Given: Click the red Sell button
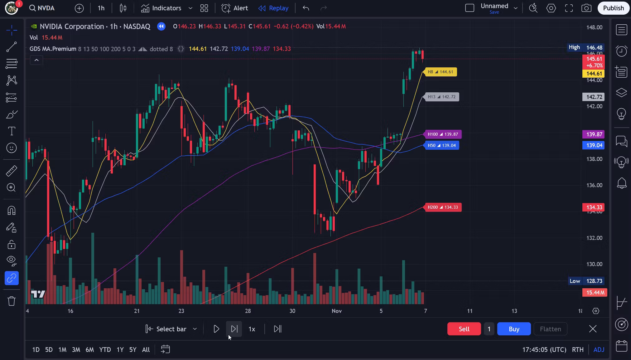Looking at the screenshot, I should pos(464,329).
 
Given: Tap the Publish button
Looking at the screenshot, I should pos(613,8).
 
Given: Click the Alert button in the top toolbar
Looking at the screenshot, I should pos(235,8).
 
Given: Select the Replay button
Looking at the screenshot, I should pos(273,8).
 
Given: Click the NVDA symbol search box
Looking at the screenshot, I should pos(42,8).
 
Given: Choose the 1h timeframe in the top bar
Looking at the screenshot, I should pos(101,8).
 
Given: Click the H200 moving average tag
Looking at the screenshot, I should pos(443,207).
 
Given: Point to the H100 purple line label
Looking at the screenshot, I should pos(443,134).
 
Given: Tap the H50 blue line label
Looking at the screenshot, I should pos(442,145).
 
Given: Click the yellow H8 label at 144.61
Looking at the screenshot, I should pos(441,72).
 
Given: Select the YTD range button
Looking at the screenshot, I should pos(105,349).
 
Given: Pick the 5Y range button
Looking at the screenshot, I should pos(132,349).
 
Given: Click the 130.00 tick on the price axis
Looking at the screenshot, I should pos(594,264).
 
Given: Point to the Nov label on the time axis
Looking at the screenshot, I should pos(337,311).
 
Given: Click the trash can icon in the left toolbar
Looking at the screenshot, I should pos(12,301).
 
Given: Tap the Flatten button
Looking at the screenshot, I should pos(550,329).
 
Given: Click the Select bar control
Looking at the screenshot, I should pos(171,329).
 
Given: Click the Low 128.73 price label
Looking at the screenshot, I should pos(586,281).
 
